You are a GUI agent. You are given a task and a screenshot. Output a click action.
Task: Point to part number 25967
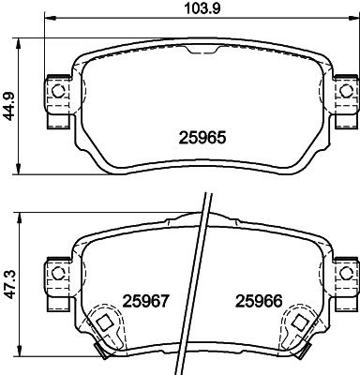tap(144, 301)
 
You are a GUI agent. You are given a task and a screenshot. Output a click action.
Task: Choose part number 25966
tap(257, 301)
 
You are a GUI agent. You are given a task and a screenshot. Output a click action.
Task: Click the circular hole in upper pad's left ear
tap(58, 91)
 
